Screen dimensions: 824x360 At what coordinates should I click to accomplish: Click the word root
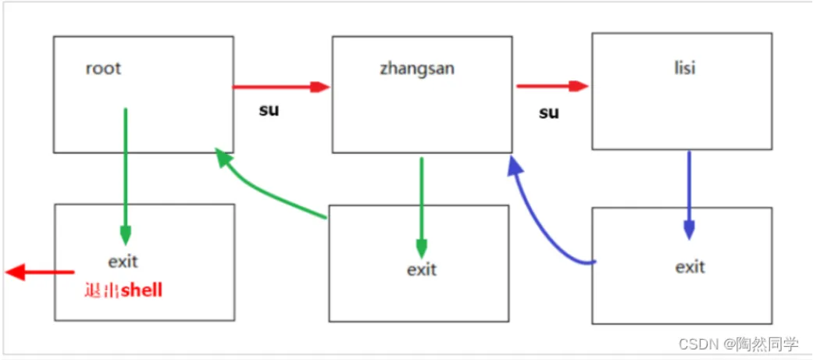tap(104, 69)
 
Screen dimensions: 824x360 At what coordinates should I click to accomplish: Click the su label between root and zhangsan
tap(269, 110)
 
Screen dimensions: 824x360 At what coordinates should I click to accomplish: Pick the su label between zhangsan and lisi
tap(548, 112)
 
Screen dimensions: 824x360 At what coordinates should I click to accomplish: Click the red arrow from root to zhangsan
tap(281, 87)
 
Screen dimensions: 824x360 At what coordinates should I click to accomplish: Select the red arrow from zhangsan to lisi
tap(552, 86)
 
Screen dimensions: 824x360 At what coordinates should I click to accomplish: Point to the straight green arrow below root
tap(125, 176)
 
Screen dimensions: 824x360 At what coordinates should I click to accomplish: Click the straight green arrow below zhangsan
tap(422, 208)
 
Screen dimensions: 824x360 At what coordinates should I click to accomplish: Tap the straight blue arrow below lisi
tap(689, 195)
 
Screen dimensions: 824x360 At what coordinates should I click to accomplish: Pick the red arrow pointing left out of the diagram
tap(39, 273)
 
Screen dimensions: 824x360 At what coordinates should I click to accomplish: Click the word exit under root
tap(123, 261)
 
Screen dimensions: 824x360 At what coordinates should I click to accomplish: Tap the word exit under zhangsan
tap(422, 269)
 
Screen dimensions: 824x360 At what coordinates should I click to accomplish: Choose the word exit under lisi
tap(690, 266)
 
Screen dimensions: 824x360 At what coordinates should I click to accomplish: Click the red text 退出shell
tap(123, 290)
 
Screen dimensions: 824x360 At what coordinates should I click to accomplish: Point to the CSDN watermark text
tap(738, 344)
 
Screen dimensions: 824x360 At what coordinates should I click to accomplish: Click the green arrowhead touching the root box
tap(224, 157)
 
